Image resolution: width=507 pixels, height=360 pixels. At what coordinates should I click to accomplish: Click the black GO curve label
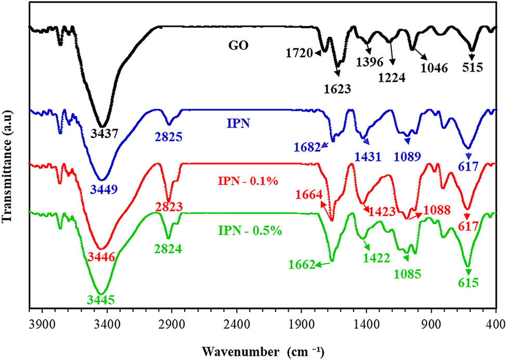coord(240,45)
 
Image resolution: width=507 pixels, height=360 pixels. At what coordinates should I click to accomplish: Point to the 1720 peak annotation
coord(298,53)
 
